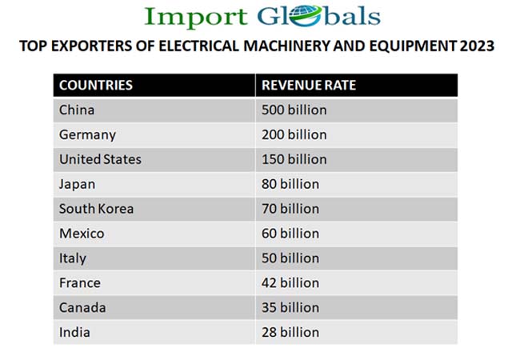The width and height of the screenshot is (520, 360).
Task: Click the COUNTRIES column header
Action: [96, 85]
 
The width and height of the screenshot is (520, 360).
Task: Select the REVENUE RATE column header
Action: [309, 85]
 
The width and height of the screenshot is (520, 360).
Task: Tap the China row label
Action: [77, 110]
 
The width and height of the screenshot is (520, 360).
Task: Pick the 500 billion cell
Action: [294, 110]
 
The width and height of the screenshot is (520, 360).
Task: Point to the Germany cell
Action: [87, 134]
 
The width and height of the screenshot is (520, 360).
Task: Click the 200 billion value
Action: [294, 134]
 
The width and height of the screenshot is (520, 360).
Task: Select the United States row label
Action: [100, 159]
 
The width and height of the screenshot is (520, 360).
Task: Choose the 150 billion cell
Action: [294, 159]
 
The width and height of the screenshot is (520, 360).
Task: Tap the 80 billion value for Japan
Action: [290, 184]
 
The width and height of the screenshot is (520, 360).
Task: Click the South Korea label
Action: [96, 209]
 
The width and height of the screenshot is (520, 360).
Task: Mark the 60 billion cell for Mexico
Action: [290, 234]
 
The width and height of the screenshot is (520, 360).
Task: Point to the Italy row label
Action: [72, 258]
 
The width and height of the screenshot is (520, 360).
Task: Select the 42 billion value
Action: [290, 282]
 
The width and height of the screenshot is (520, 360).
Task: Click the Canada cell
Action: [82, 307]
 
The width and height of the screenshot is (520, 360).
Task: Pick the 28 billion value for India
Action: [290, 332]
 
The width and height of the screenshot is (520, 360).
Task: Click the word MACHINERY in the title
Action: [305, 46]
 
